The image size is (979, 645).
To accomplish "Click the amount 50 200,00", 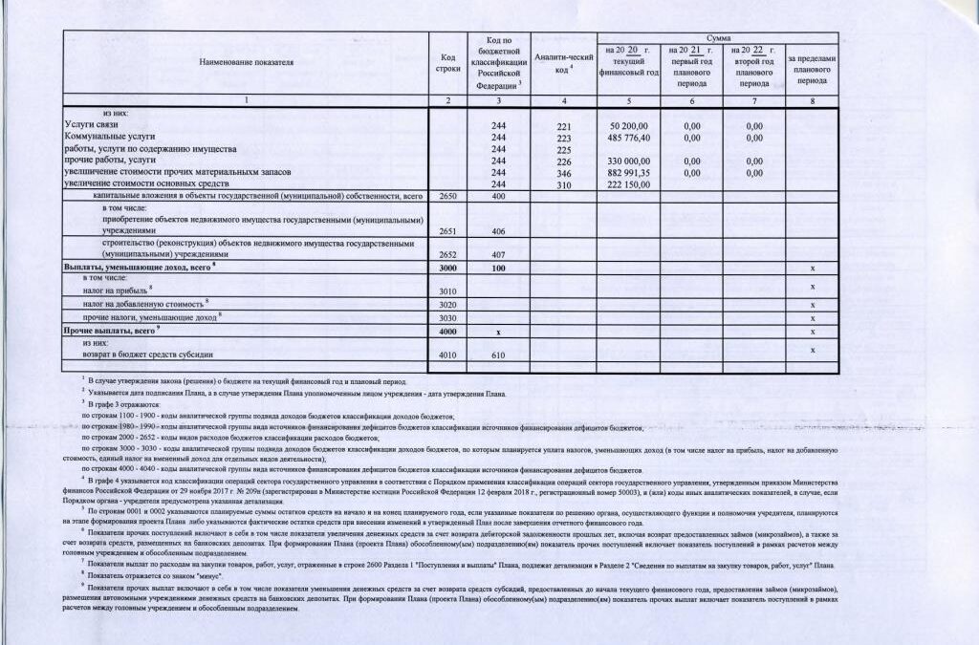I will click(628, 126).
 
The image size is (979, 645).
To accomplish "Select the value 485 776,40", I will click(628, 138).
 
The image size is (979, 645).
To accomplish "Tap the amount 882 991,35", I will click(628, 172).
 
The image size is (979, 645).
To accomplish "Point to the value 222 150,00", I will click(628, 183).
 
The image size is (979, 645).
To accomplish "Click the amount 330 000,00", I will click(628, 161).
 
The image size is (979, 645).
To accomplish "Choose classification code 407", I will click(495, 256).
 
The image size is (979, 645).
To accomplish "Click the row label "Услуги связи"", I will click(92, 125).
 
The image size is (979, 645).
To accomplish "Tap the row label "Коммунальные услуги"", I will click(107, 138).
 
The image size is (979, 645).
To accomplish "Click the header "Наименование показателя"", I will click(246, 62).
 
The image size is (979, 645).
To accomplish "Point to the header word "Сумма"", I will click(718, 36).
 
